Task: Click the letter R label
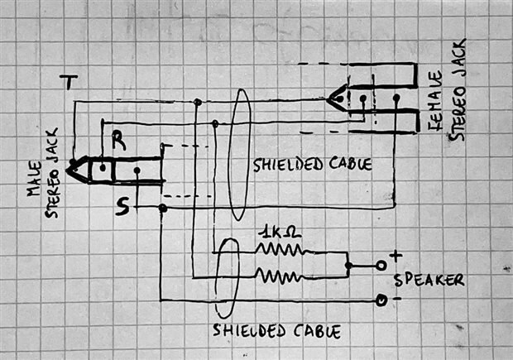pos(118,142)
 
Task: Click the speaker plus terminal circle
pos(381,265)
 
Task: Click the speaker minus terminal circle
pos(381,300)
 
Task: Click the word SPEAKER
pos(429,281)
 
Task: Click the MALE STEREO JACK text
pos(42,177)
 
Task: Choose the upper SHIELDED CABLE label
pos(312,164)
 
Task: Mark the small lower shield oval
pos(226,284)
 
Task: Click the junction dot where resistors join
pos(348,266)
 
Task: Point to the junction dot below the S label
pos(162,209)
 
